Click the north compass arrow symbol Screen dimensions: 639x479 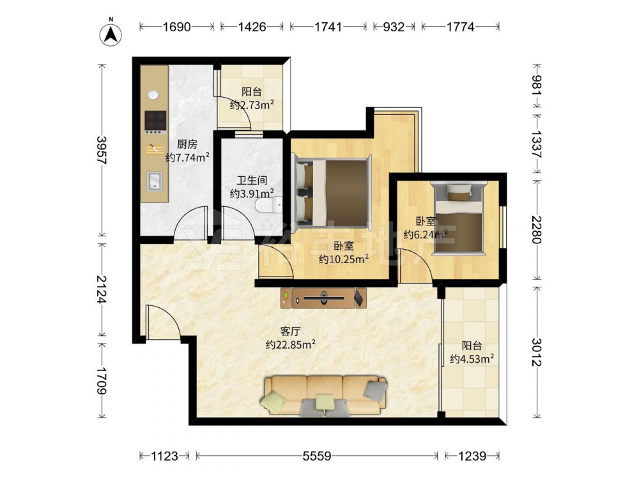(x=111, y=34)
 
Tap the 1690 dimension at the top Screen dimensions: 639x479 (x=176, y=27)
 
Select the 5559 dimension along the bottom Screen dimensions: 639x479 (x=317, y=456)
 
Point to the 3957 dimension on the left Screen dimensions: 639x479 (x=102, y=150)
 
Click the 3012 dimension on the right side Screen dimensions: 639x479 (x=537, y=352)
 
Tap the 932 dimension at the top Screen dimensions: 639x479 (x=394, y=27)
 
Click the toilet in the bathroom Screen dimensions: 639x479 (x=268, y=205)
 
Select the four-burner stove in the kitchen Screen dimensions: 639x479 (x=155, y=122)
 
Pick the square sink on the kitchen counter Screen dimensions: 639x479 (x=155, y=181)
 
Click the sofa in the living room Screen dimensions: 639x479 (x=325, y=395)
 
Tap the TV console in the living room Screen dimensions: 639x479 (x=323, y=298)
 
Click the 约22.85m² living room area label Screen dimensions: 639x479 (x=291, y=345)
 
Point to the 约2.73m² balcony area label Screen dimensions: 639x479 (x=251, y=105)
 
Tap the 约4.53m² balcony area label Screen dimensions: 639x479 (x=472, y=359)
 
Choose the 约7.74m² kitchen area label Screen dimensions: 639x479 (x=187, y=157)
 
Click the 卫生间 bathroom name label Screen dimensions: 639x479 (x=252, y=180)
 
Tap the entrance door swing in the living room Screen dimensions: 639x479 (x=163, y=322)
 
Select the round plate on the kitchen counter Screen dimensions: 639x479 (x=153, y=95)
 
